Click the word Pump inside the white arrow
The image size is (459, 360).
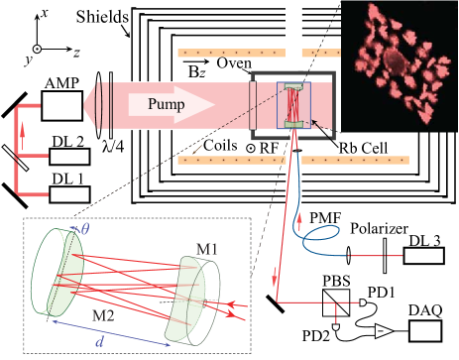pyautogui.click(x=167, y=104)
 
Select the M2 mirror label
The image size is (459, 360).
pyautogui.click(x=103, y=315)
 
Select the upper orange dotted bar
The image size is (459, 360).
pyautogui.click(x=258, y=52)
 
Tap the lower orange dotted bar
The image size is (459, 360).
pyautogui.click(x=258, y=159)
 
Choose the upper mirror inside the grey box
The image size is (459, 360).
pyautogui.click(x=294, y=88)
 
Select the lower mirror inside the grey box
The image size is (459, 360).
pyautogui.click(x=294, y=124)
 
